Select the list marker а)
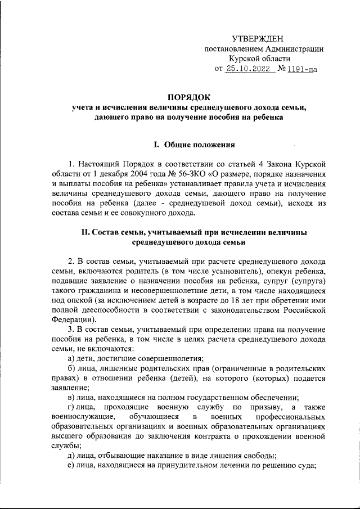[71, 358]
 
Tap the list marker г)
[71, 406]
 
